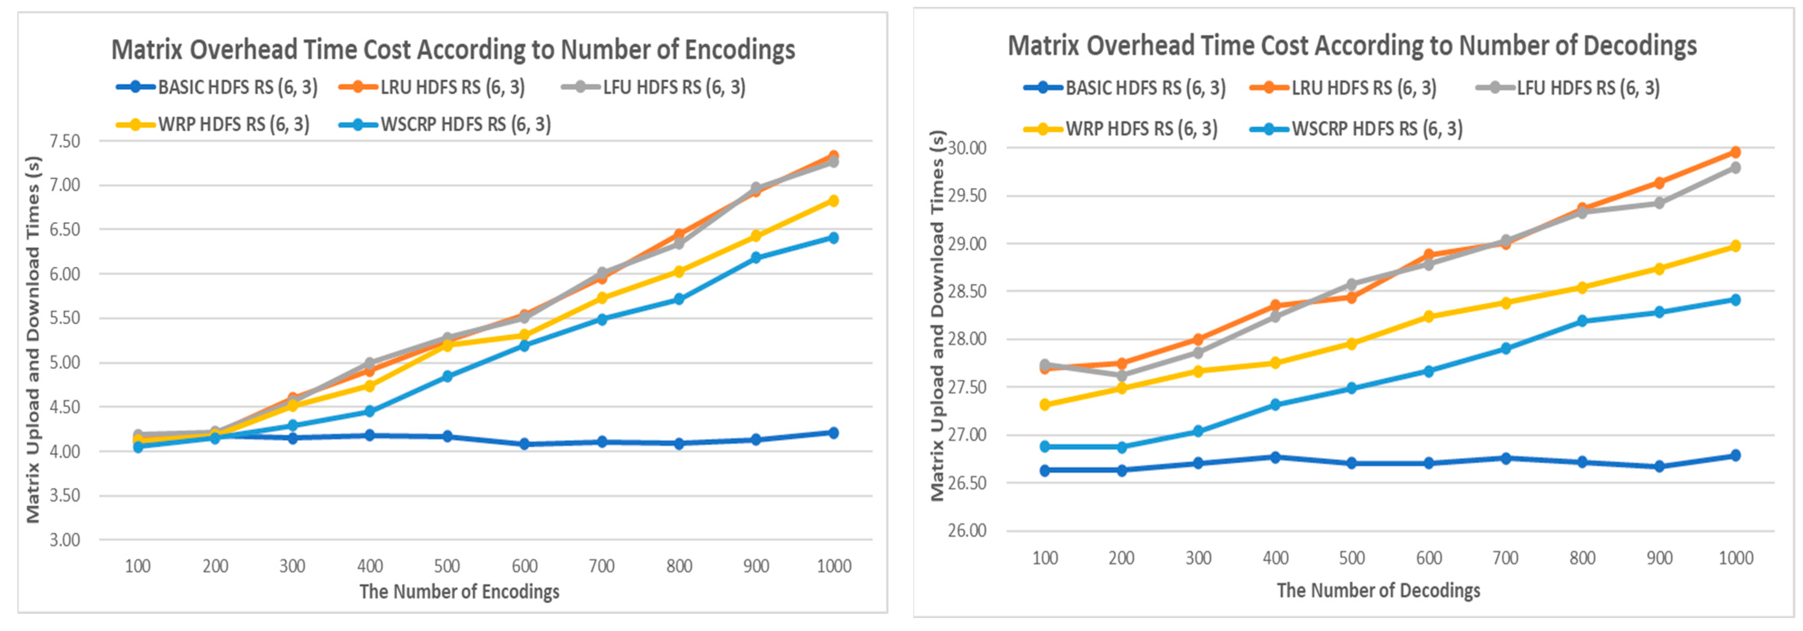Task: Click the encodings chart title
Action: [453, 50]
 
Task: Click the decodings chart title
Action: [1352, 46]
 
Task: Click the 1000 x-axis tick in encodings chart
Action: [834, 566]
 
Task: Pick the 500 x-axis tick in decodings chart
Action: [1352, 558]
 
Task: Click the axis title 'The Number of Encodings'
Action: [459, 592]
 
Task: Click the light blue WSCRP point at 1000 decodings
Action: [1735, 300]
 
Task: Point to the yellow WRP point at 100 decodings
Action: [1045, 405]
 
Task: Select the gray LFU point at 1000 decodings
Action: [1735, 168]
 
